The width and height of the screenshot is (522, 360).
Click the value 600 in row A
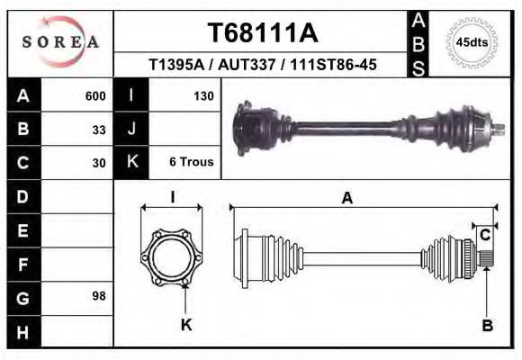94,95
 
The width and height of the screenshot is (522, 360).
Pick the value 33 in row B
99,129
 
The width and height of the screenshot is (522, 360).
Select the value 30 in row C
99,163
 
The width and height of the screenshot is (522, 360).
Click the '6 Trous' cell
191,163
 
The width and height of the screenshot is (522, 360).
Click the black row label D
22,196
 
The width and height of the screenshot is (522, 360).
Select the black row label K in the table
131,163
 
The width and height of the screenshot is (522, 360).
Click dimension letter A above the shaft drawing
346,199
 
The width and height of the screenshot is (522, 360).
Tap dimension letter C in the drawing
485,235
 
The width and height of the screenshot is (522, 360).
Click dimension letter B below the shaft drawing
487,326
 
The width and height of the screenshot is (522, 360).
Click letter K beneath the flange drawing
186,325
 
